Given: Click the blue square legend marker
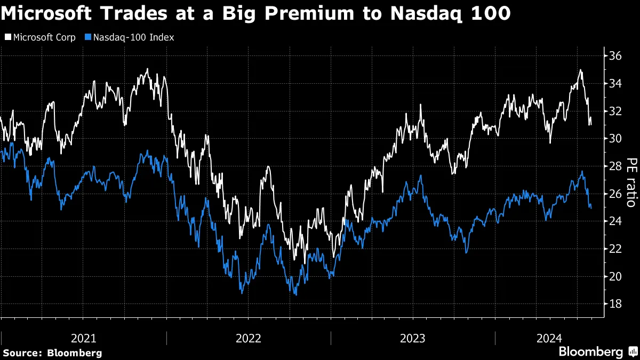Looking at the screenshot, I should (89, 37).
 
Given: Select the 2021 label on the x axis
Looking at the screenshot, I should (84, 338).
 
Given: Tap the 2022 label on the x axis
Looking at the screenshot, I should (249, 338).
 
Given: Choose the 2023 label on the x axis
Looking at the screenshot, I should (413, 338).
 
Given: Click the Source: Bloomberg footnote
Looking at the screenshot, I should (52, 353).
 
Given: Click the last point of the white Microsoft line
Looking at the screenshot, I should (590, 124).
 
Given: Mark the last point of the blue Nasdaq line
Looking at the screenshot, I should (590, 208).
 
